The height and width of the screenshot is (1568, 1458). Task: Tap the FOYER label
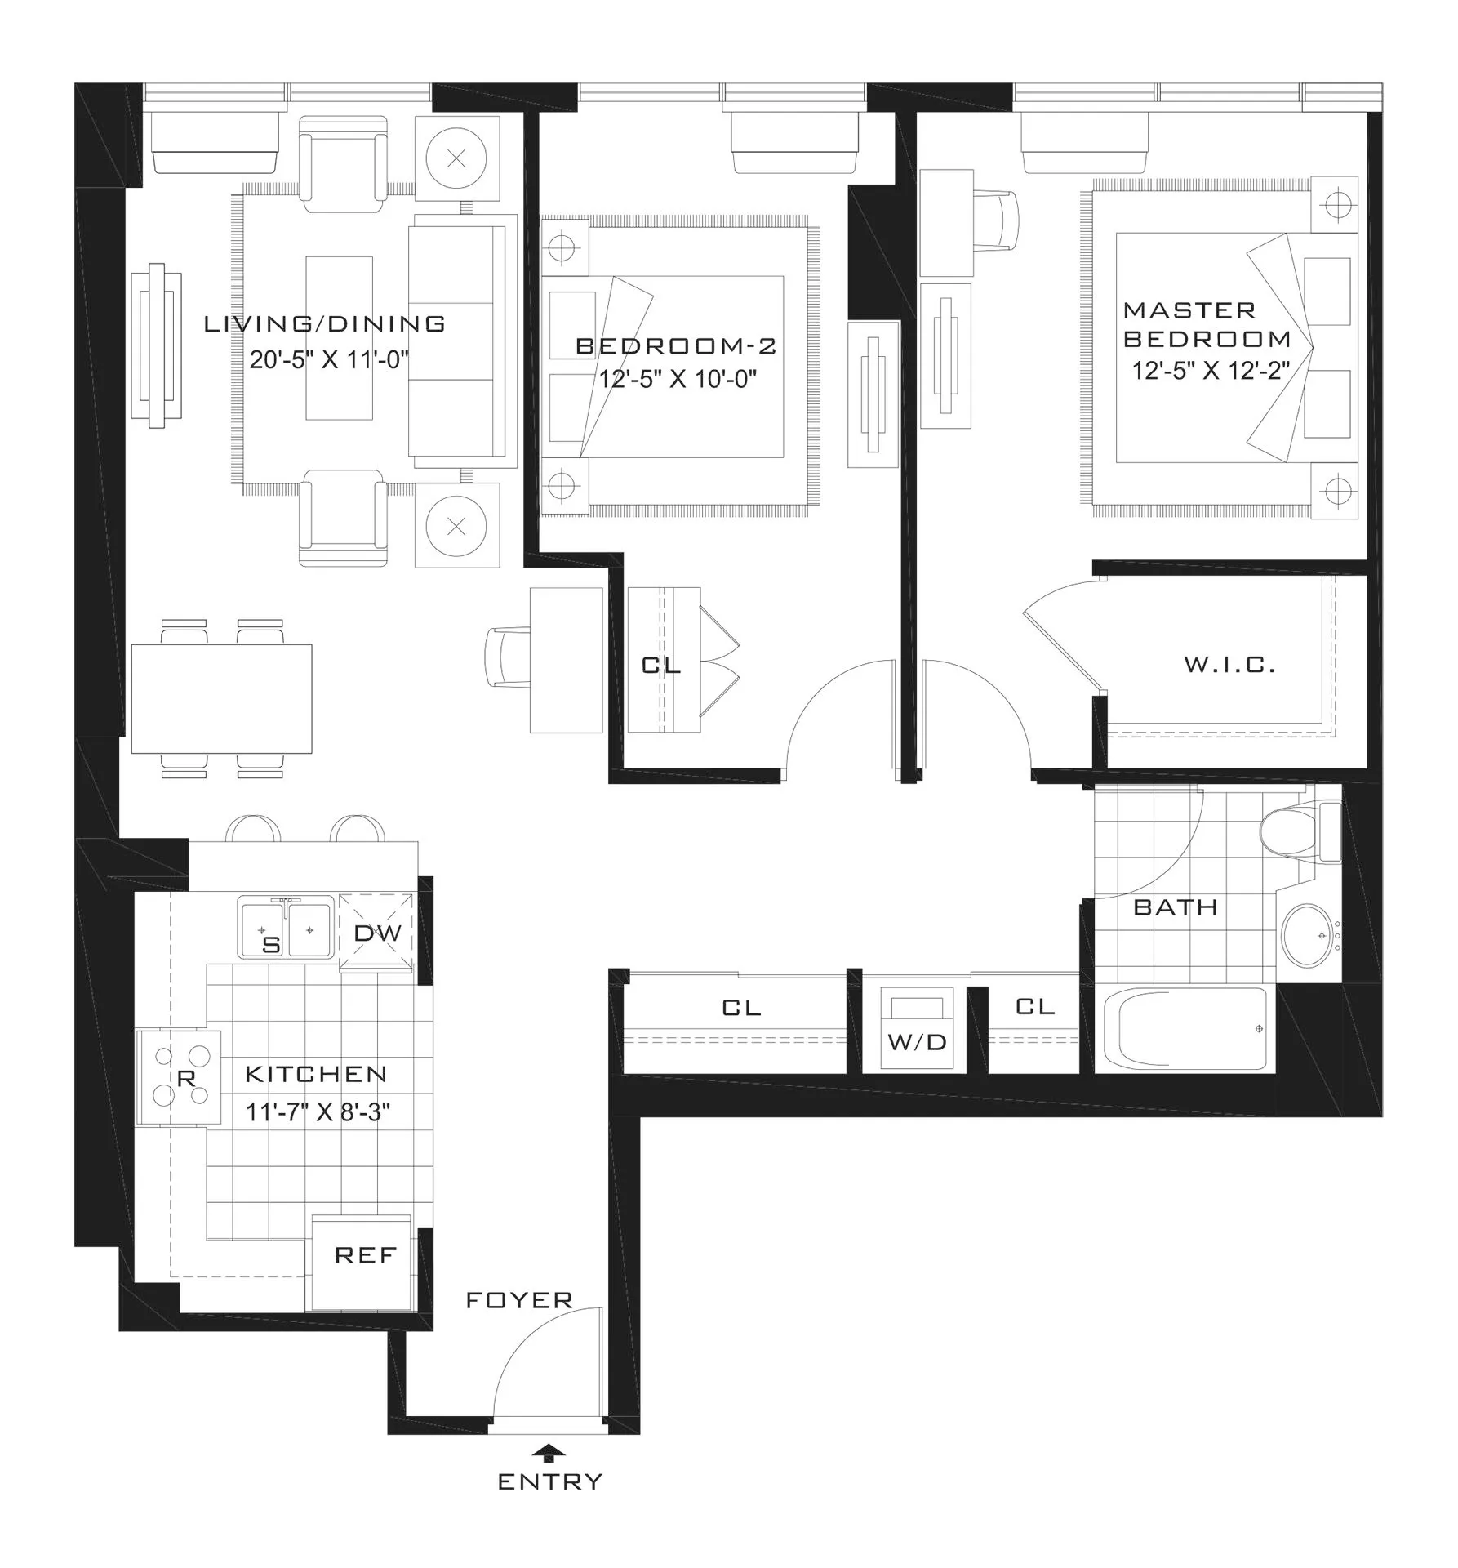click(x=519, y=1300)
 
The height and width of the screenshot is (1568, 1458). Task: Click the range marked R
click(x=180, y=1078)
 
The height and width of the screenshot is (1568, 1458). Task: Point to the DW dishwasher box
click(x=377, y=933)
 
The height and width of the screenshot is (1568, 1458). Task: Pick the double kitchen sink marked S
click(x=285, y=928)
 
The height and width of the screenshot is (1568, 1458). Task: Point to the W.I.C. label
click(x=1229, y=665)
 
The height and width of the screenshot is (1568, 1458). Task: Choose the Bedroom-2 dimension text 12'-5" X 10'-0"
click(x=678, y=379)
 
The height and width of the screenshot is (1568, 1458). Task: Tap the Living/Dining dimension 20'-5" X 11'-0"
click(x=329, y=359)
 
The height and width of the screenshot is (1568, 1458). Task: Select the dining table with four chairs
click(x=221, y=698)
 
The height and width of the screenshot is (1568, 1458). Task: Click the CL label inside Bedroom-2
click(x=661, y=665)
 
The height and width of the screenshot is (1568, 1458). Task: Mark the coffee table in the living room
click(x=339, y=338)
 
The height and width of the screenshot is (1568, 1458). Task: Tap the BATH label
click(x=1176, y=907)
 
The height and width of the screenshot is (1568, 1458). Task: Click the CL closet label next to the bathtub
click(x=1035, y=1007)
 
